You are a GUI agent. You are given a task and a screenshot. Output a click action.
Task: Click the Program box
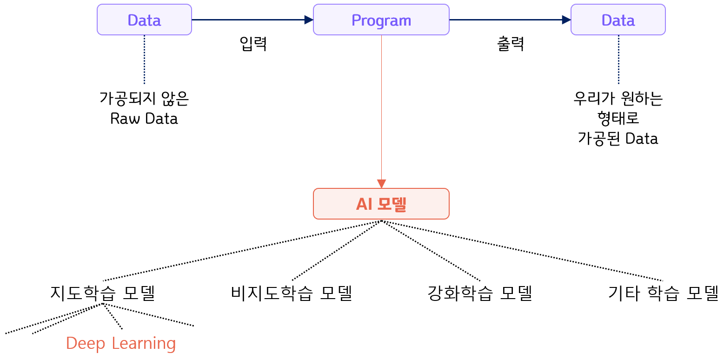(x=381, y=20)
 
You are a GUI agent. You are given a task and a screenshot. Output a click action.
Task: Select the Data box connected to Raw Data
(x=144, y=20)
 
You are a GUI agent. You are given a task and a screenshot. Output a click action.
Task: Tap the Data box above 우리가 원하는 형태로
(x=618, y=20)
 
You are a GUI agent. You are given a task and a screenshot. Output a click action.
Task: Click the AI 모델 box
(x=381, y=204)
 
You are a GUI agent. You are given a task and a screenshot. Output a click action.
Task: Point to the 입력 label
(x=253, y=44)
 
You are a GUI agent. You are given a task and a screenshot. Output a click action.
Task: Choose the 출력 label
(x=511, y=44)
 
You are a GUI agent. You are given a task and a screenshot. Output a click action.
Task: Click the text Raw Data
(x=144, y=119)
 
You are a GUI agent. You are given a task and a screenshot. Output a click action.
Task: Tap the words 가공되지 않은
(x=144, y=99)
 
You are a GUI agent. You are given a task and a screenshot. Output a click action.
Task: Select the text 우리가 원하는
(x=618, y=99)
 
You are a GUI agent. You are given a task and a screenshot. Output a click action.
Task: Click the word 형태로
(x=618, y=119)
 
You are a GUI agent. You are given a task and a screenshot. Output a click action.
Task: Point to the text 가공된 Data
(x=618, y=139)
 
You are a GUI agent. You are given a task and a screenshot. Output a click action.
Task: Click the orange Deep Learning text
(x=121, y=343)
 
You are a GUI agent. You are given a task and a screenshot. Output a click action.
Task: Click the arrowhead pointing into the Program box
(x=309, y=20)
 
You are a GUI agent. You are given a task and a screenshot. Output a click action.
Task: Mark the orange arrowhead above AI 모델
(x=381, y=183)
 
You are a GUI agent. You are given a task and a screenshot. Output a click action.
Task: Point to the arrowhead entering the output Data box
(x=566, y=20)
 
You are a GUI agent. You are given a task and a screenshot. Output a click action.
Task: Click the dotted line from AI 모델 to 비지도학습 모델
(x=337, y=251)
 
